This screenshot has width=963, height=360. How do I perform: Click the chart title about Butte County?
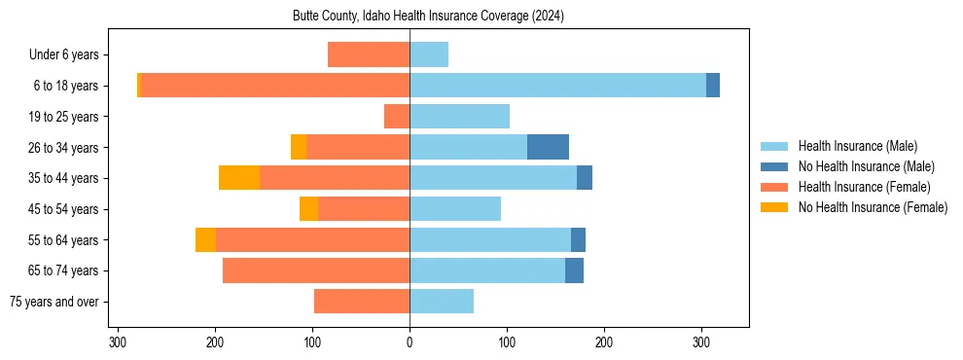coord(428,17)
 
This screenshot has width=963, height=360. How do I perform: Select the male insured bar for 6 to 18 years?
coord(557,86)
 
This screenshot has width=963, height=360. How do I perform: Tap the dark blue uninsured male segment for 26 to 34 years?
coord(548,147)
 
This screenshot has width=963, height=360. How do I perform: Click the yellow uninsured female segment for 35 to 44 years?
coord(239,178)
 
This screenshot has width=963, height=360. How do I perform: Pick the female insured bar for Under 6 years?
coord(369,54)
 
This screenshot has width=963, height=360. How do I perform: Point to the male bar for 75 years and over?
coord(442,302)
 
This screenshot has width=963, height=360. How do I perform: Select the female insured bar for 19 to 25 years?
coord(397,117)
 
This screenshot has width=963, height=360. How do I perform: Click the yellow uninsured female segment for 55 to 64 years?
coord(205,239)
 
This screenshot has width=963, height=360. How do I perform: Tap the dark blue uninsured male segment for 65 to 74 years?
coord(574,270)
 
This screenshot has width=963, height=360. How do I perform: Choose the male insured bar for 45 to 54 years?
coord(455,208)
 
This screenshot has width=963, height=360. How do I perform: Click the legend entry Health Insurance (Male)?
coord(857,146)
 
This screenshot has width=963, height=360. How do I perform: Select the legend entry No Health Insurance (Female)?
coord(873,207)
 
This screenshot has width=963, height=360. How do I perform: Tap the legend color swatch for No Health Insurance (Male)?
coord(775,166)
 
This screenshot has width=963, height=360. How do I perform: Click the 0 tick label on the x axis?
coord(410,342)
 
